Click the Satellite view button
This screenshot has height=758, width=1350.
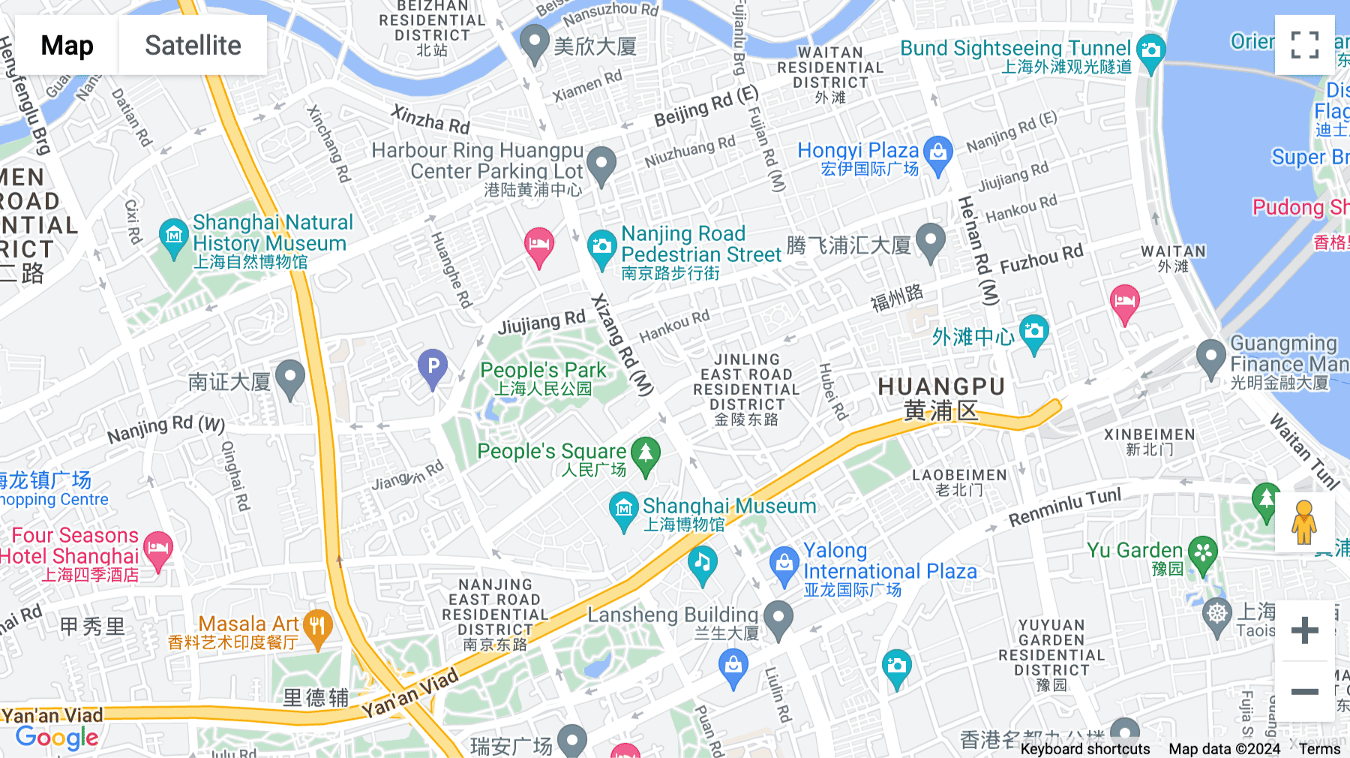click(x=193, y=45)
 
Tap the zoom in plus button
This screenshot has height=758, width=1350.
click(x=1304, y=630)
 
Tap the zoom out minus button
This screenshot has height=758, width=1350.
click(x=1304, y=691)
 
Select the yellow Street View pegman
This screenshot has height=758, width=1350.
click(x=1304, y=522)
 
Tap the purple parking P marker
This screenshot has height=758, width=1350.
click(x=433, y=368)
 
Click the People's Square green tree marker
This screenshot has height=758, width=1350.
click(x=646, y=455)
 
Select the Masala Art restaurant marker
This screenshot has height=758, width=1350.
click(x=318, y=627)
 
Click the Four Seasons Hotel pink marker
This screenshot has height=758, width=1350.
click(x=157, y=549)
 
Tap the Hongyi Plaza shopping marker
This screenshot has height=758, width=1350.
click(x=937, y=154)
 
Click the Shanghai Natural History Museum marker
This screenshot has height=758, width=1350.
click(x=174, y=237)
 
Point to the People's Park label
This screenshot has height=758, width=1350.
click(x=543, y=370)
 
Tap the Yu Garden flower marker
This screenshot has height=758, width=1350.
click(x=1203, y=554)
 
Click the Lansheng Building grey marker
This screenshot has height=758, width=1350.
click(x=778, y=619)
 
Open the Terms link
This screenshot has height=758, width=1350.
click(x=1319, y=749)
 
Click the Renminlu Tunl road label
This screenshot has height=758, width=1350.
click(x=1064, y=507)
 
